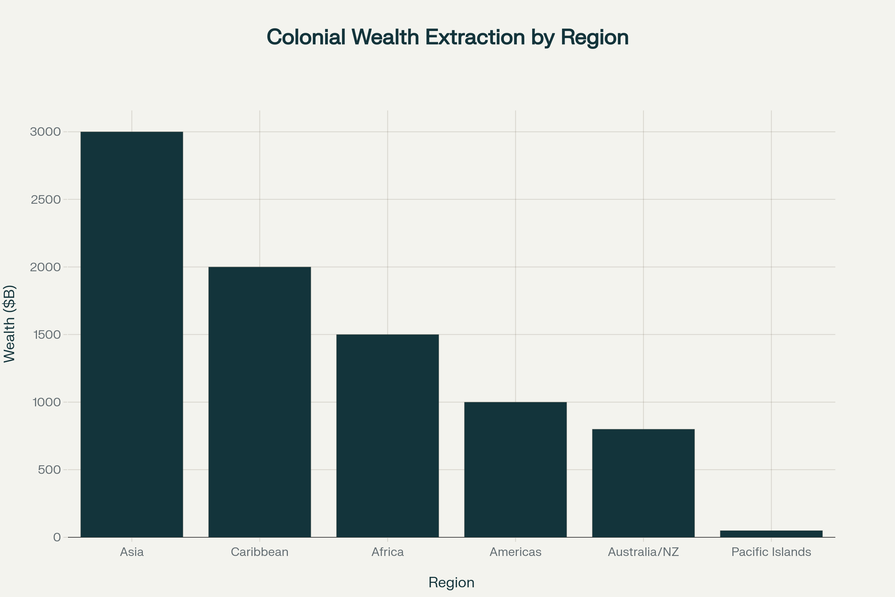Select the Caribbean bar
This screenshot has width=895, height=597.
pos(260,402)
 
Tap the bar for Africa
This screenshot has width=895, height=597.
pos(387,435)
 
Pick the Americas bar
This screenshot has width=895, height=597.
pos(515,469)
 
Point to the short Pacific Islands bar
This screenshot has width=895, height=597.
pos(771,534)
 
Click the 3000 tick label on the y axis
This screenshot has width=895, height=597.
pos(45,132)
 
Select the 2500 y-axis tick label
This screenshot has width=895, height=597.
pos(45,200)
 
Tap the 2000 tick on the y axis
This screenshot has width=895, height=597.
pos(45,267)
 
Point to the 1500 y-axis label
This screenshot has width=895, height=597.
pos(47,335)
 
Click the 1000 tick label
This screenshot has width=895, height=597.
pos(47,402)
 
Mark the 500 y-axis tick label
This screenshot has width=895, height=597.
pos(50,470)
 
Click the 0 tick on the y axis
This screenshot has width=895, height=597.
pos(57,537)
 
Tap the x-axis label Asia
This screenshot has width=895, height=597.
pos(132,552)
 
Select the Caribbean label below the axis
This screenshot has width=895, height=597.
pos(260,552)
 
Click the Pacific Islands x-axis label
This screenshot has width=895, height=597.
pos(771,552)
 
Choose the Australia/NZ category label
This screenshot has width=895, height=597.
pos(643,552)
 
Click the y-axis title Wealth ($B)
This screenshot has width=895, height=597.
pos(9,323)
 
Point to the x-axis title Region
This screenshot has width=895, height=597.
pos(451,582)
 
